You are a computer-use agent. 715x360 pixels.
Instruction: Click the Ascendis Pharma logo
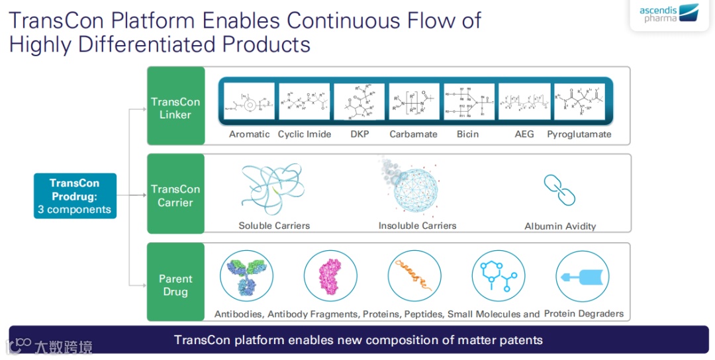tap(669, 13)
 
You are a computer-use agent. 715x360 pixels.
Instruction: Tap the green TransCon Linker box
tap(175, 107)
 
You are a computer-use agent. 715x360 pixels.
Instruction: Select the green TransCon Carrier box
tap(175, 195)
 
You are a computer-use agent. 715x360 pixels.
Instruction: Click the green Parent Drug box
tap(175, 285)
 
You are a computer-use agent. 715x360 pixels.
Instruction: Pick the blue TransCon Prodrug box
tap(74, 197)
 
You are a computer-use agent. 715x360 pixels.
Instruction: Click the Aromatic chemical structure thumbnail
tap(250, 102)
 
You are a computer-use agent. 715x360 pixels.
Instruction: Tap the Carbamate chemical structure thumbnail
tap(414, 102)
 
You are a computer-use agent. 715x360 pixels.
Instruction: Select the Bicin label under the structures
tap(467, 134)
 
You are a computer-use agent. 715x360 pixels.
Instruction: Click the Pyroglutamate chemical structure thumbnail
tap(579, 102)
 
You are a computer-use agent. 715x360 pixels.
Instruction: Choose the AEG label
tap(524, 134)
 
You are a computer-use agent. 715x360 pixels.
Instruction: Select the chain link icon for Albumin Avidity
tap(559, 189)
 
